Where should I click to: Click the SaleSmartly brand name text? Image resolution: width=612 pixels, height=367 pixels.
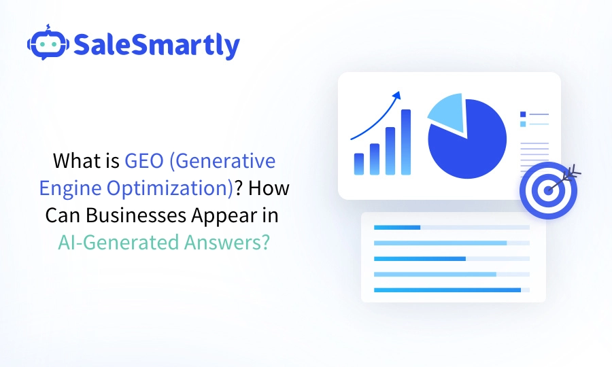point(156,45)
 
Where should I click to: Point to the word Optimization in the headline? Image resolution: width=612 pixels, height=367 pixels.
point(177,188)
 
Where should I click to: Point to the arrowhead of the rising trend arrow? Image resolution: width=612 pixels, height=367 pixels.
point(396,96)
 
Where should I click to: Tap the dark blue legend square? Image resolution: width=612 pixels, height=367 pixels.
point(523,114)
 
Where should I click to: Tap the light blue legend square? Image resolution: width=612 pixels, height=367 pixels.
point(523,124)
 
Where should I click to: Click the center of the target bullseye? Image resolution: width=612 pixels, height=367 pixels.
point(548,190)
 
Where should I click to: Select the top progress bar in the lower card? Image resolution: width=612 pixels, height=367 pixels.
point(452,227)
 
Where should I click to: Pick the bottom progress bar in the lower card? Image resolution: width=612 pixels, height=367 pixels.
point(452,290)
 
